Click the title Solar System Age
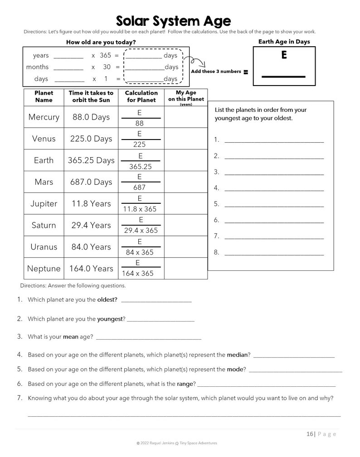(x=173, y=21)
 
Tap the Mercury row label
(x=44, y=117)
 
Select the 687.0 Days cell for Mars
(x=91, y=182)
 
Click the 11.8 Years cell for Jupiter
(x=91, y=204)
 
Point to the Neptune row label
(x=44, y=269)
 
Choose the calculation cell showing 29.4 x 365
(x=141, y=231)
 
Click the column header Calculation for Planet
(x=141, y=96)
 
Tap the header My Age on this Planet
(x=186, y=96)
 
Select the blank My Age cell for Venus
(x=185, y=139)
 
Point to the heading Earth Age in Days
(x=284, y=42)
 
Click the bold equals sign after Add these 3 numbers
(x=246, y=72)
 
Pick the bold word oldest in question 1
(x=107, y=300)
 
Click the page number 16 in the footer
(x=310, y=434)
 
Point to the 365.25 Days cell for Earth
(x=91, y=160)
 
